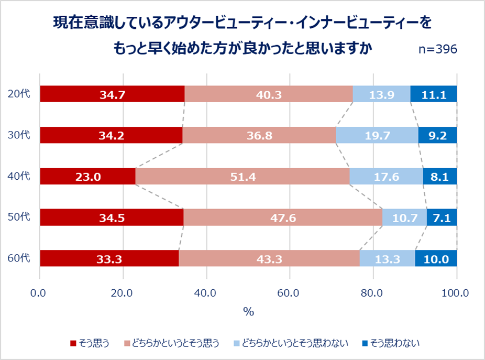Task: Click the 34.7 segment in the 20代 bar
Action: click(112, 94)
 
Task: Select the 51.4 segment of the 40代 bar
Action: click(242, 177)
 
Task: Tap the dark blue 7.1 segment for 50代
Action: click(442, 217)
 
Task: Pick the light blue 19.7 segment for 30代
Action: click(377, 136)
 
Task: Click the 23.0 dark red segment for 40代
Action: click(87, 177)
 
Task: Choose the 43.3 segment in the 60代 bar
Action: click(269, 258)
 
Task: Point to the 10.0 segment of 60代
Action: click(436, 258)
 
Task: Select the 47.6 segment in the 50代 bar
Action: click(283, 217)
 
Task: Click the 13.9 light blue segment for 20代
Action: click(381, 94)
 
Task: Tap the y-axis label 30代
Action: click(18, 135)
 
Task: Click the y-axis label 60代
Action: click(18, 258)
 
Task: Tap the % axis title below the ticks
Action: click(248, 312)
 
